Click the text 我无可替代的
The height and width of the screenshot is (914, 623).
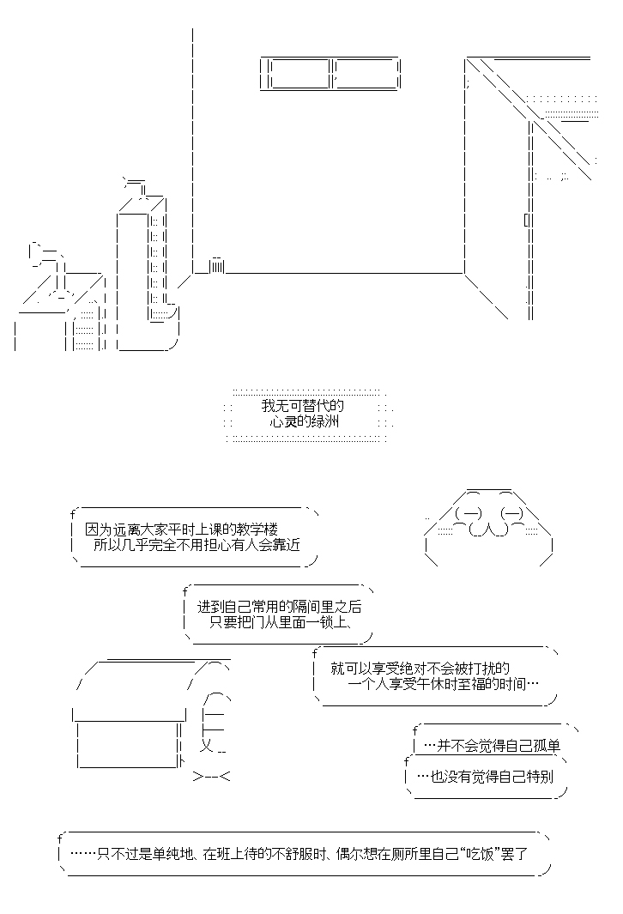pyautogui.click(x=302, y=405)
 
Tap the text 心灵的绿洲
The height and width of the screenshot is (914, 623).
pyautogui.click(x=305, y=421)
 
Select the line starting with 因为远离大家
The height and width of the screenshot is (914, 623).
pyautogui.click(x=181, y=530)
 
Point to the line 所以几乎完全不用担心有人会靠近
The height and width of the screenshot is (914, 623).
pyautogui.click(x=197, y=545)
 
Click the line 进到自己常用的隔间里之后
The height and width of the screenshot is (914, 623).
pyautogui.click(x=279, y=607)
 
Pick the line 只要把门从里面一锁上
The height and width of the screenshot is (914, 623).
pyautogui.click(x=281, y=622)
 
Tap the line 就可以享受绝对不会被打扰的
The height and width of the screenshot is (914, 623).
pyautogui.click(x=420, y=668)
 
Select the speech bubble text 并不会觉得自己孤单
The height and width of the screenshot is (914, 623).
pyautogui.click(x=492, y=746)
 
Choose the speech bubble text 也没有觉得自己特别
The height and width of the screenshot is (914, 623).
pyautogui.click(x=486, y=777)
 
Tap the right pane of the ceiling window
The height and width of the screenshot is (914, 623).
pyautogui.click(x=366, y=74)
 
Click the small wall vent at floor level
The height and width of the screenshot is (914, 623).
pyautogui.click(x=217, y=266)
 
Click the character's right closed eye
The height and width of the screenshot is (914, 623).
pyautogui.click(x=511, y=513)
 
